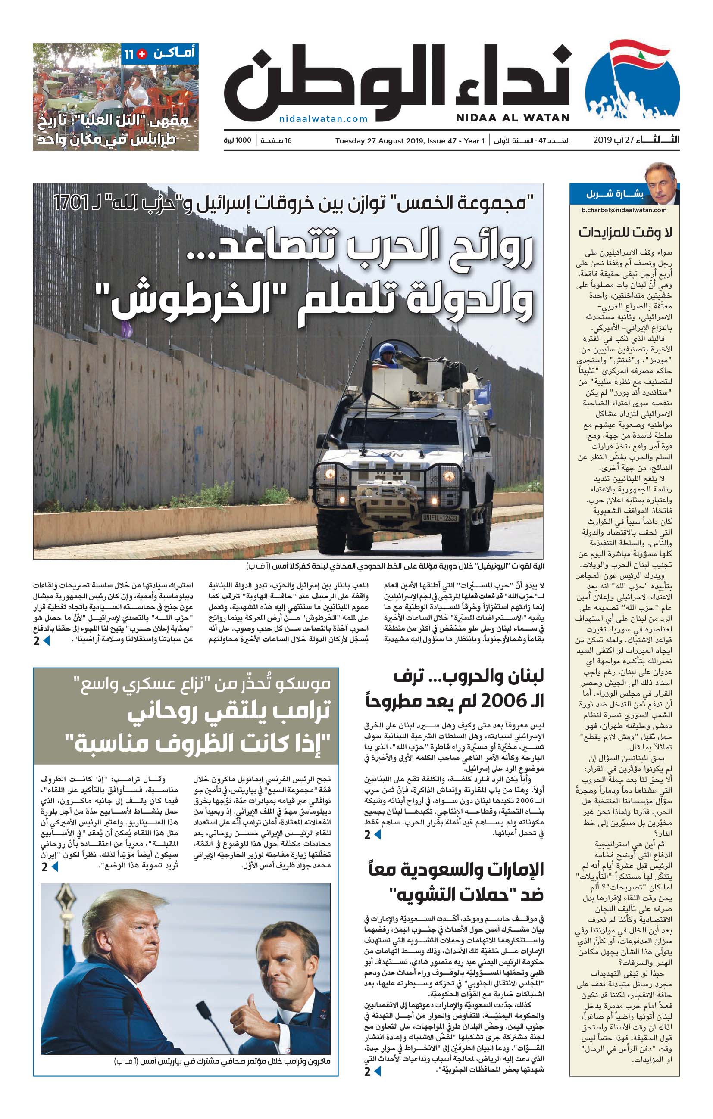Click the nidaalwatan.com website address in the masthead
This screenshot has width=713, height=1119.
[323, 119]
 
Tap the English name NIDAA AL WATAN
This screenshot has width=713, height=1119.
[512, 118]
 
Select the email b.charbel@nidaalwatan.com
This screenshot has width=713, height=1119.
[624, 210]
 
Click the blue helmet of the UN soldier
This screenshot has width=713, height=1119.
[387, 349]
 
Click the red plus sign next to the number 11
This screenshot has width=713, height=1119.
[142, 54]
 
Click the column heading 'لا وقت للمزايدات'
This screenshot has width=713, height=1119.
[625, 232]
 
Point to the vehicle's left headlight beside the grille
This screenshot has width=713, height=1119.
[330, 474]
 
